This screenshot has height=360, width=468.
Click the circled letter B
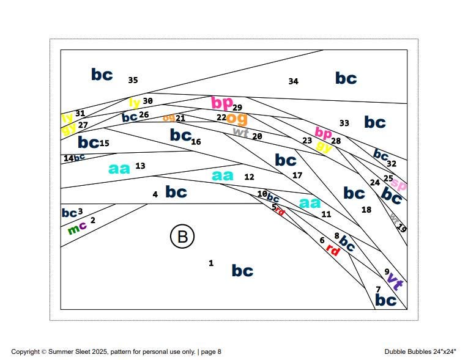(182, 237)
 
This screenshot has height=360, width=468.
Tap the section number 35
(133, 80)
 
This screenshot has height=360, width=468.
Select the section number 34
(293, 81)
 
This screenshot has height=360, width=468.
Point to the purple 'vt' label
(395, 283)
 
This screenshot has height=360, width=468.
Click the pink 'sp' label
(399, 183)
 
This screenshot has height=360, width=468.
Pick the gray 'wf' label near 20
(240, 131)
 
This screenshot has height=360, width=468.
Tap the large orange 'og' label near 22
(237, 118)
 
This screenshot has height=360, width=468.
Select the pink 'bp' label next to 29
(221, 102)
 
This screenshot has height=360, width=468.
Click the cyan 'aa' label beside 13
(119, 168)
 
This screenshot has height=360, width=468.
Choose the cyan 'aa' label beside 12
(223, 175)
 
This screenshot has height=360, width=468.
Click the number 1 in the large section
(211, 263)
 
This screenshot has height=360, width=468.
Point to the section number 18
(366, 210)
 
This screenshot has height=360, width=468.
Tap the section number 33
(344, 123)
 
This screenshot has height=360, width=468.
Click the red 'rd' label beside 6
(333, 249)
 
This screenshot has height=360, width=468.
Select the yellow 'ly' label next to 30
(134, 103)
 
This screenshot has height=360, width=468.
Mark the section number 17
(297, 175)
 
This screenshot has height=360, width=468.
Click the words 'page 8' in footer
(211, 352)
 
